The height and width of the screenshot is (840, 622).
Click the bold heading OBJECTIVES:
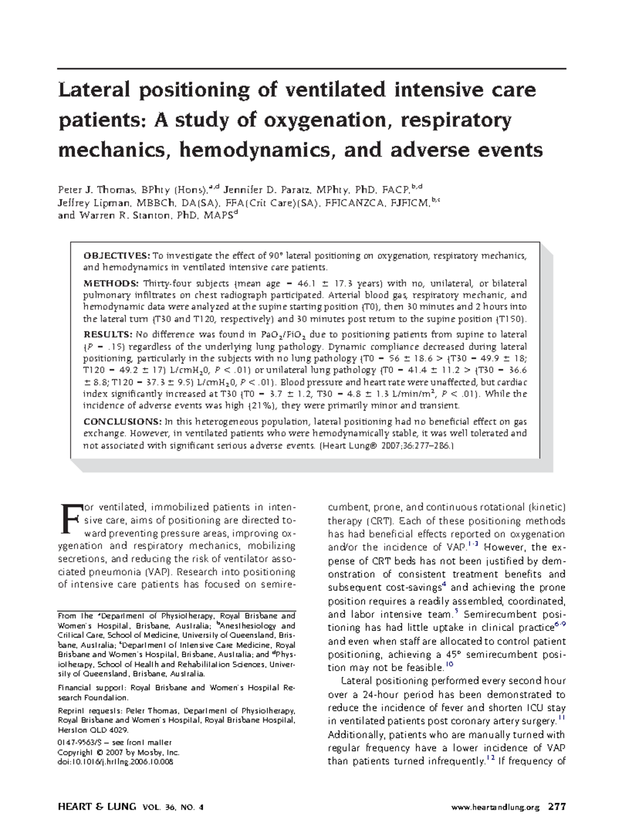pyautogui.click(x=117, y=256)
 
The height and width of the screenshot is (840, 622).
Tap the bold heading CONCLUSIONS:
pyautogui.click(x=122, y=422)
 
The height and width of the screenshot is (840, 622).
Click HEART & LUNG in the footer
pyautogui.click(x=97, y=807)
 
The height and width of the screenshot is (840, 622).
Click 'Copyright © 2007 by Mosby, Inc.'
pyautogui.click(x=119, y=752)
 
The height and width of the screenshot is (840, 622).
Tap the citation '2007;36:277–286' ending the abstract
pyautogui.click(x=420, y=445)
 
